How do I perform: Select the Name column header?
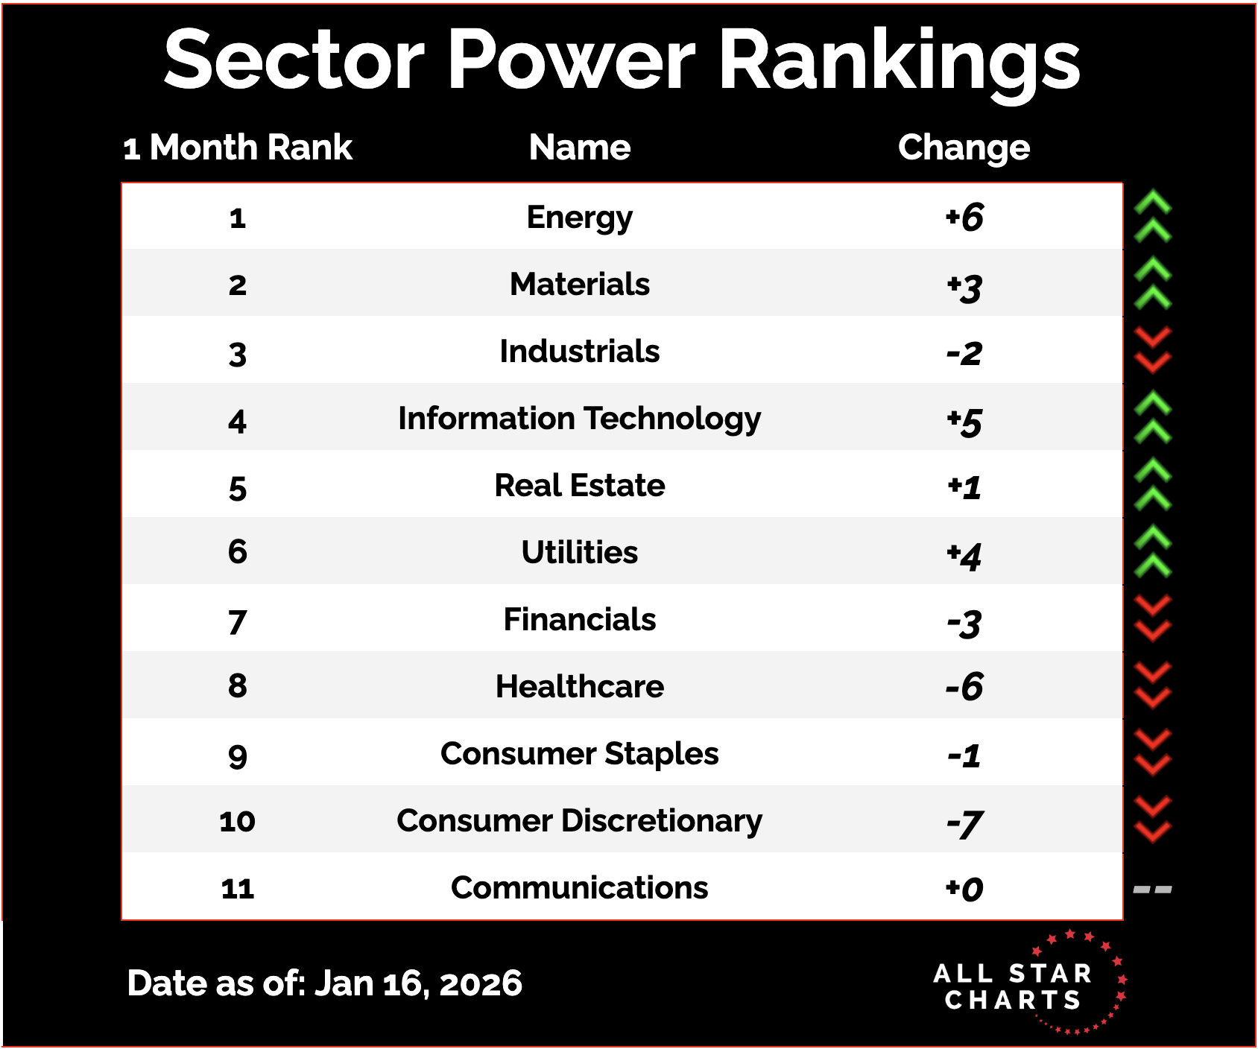coord(580,148)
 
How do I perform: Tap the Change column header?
coord(964,148)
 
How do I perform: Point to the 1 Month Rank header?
coord(238,148)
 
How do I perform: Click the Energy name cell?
coord(580,218)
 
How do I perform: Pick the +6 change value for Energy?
coord(964,218)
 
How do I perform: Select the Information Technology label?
coord(580,419)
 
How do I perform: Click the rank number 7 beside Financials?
coord(237,622)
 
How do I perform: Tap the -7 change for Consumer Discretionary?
coord(964,823)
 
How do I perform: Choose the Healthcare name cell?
coord(580,687)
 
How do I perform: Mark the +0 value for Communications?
coord(964,889)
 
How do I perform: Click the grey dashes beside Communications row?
coord(1152,889)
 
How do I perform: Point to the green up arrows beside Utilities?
coord(1153,551)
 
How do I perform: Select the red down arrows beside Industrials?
coord(1153,350)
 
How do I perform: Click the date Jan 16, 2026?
coord(418,983)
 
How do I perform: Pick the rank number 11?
coord(238,889)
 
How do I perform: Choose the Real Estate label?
coord(580,486)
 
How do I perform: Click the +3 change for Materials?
coord(964,287)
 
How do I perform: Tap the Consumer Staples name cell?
coord(580,754)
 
